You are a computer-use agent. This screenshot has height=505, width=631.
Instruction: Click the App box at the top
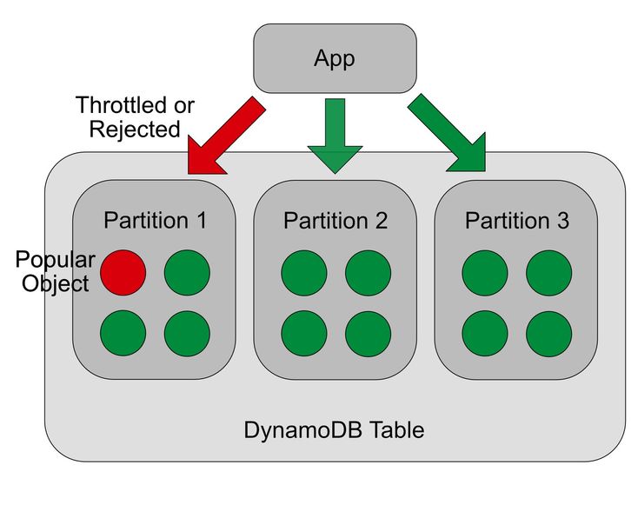click(335, 59)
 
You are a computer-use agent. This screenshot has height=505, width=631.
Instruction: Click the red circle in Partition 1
click(123, 271)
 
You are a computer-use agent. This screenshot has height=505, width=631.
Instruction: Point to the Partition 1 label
click(155, 221)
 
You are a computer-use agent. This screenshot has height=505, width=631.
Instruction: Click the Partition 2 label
click(335, 221)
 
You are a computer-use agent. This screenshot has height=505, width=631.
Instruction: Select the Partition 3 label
click(516, 221)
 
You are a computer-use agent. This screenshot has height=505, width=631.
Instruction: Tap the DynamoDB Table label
click(334, 429)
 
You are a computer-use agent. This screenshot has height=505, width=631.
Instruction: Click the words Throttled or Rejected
click(135, 117)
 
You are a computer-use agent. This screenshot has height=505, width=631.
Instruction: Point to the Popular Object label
click(54, 271)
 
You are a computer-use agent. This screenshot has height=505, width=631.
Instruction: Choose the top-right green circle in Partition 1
click(187, 271)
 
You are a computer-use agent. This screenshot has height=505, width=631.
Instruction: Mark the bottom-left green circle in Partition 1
click(123, 331)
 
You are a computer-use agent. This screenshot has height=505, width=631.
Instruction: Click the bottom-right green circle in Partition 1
click(187, 331)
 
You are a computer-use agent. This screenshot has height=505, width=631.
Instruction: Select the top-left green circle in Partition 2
click(304, 271)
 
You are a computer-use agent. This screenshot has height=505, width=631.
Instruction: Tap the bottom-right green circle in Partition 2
click(368, 331)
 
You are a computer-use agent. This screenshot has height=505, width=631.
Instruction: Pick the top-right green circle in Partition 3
click(549, 271)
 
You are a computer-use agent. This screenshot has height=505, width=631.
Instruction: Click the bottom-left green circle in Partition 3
click(485, 331)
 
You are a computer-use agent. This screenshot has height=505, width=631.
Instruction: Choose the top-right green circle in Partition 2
click(368, 271)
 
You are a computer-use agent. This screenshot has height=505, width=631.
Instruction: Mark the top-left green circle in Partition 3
click(485, 271)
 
